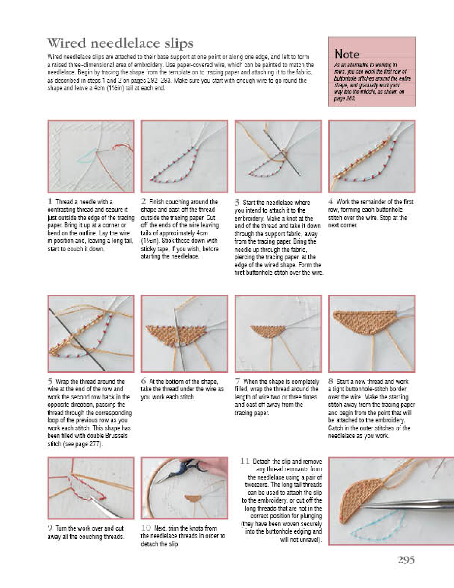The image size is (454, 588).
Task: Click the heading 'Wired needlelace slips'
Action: tap(120, 43)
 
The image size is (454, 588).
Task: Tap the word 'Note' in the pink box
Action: tap(347, 54)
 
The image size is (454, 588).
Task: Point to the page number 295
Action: tap(406, 560)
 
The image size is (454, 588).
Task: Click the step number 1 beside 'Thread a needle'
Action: tap(50, 202)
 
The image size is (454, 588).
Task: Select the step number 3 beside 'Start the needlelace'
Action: tap(237, 203)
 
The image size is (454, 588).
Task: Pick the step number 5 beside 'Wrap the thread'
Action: tap(50, 381)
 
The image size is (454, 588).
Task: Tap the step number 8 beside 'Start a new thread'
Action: tap(331, 381)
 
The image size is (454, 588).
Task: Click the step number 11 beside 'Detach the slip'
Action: tap(245, 461)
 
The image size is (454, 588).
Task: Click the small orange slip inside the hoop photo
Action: tap(193, 499)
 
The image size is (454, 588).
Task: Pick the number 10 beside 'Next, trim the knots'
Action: tap(146, 528)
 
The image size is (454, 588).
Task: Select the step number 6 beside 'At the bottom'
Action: tap(143, 381)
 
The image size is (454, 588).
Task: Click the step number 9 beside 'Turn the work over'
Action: tap(50, 528)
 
